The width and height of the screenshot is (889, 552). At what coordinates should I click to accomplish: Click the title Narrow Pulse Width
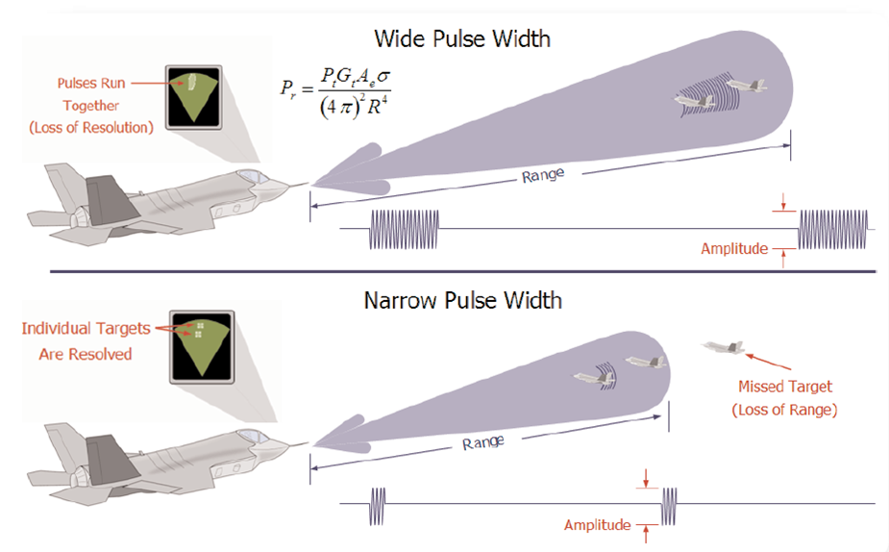pos(462,300)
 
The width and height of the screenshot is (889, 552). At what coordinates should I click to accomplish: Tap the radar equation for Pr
pos(328,96)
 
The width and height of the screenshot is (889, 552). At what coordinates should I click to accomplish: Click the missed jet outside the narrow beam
pos(727,348)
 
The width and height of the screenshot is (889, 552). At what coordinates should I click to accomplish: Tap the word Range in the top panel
pos(543,176)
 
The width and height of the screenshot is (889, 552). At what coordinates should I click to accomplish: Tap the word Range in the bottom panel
pos(483,443)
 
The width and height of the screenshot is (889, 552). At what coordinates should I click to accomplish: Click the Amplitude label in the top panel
pos(734,248)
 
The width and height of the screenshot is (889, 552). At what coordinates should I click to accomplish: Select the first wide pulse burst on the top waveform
pos(405,229)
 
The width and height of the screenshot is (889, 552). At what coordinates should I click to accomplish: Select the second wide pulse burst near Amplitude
pos(834,229)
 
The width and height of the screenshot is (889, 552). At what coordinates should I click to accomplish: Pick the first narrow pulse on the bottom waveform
pos(378,504)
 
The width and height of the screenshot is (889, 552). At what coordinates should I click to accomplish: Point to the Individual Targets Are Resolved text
pos(86,340)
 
